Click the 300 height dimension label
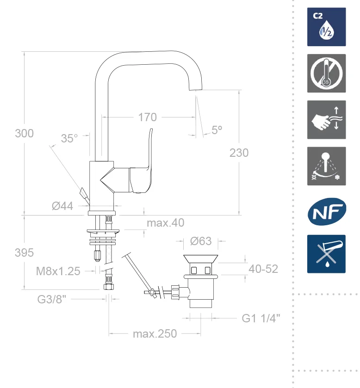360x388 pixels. [25, 134]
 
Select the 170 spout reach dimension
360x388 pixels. [147, 117]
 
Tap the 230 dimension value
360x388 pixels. [239, 153]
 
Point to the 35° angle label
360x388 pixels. [69, 138]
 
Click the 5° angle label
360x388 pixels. [217, 130]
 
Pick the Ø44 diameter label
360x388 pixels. [62, 206]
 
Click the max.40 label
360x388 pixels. [165, 223]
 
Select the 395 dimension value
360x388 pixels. [25, 253]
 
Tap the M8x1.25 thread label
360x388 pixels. [58, 271]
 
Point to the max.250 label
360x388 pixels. [155, 333]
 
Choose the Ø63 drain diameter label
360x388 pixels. [201, 241]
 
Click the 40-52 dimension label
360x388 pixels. [263, 269]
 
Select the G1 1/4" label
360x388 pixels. [261, 318]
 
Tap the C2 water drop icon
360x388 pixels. [327, 27]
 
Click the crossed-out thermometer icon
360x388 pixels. [327, 74]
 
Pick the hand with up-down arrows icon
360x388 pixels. [327, 120]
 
